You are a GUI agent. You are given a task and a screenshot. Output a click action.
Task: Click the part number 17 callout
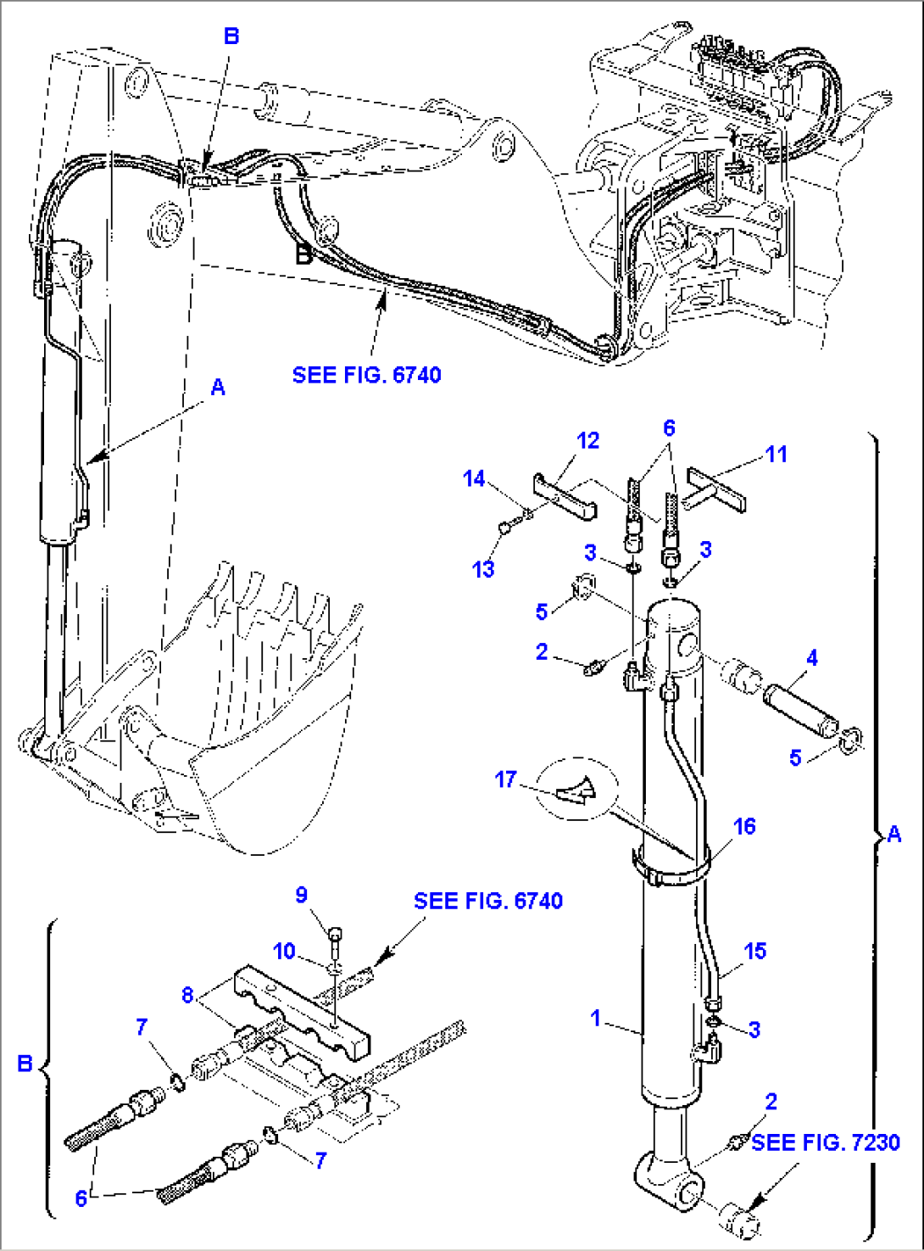coord(505,779)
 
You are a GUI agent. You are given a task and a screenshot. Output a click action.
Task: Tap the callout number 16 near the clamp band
coord(744,826)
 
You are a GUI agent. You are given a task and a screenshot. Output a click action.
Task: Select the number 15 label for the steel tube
coord(754,951)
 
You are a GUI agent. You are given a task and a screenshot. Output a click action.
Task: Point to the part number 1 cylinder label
coord(596,1018)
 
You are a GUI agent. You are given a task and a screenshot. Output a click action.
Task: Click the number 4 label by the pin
coord(811,657)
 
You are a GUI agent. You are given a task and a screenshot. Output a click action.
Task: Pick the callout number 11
coord(776,455)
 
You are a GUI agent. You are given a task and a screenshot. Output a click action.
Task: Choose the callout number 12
coord(587,441)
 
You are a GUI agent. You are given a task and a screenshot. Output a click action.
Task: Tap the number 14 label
coord(473,479)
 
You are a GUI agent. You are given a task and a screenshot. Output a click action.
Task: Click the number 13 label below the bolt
coord(483,569)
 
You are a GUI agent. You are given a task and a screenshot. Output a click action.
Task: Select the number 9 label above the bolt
coord(301,896)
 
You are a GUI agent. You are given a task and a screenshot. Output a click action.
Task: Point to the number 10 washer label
coord(284,951)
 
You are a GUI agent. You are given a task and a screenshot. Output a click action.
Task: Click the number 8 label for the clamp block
coord(187,995)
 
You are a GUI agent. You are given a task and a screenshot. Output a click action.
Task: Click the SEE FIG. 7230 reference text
coord(825,1142)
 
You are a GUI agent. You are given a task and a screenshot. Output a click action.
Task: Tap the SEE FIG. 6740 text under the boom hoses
coord(366,375)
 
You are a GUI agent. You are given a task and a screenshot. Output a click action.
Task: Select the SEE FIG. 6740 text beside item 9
coord(487,901)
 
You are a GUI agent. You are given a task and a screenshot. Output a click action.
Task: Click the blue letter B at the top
coord(231,36)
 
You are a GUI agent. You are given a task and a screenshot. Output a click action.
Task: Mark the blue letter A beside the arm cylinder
coord(218,388)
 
